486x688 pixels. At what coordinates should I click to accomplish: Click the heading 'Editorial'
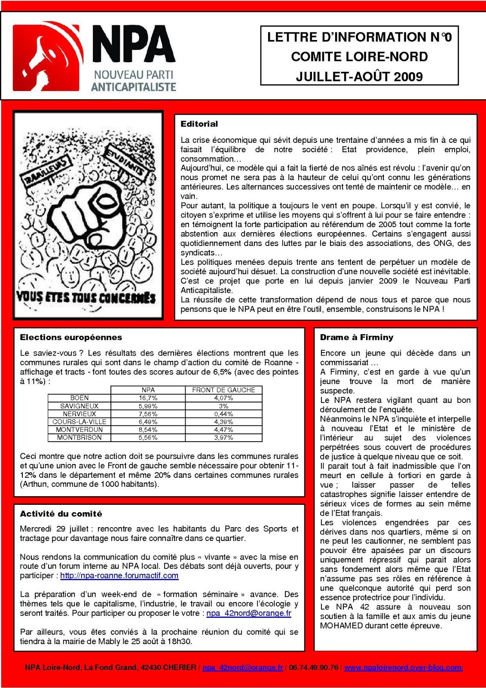click(199, 124)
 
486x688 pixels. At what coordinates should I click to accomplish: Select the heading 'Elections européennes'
click(71, 338)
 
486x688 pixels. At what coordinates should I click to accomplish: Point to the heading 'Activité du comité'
click(61, 514)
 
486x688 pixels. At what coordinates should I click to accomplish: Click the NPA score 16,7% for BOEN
click(148, 398)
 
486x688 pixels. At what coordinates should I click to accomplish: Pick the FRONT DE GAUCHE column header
click(223, 390)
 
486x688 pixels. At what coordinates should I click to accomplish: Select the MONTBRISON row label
click(79, 438)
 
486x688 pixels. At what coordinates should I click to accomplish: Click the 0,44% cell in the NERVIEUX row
click(223, 414)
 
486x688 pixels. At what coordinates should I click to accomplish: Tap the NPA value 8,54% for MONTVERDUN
click(148, 430)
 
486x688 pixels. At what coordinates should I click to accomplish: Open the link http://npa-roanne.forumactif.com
click(119, 576)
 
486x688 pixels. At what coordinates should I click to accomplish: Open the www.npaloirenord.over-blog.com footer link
click(403, 668)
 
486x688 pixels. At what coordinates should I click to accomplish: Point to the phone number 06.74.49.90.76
click(313, 668)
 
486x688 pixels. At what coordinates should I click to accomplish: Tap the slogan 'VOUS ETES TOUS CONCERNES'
click(86, 297)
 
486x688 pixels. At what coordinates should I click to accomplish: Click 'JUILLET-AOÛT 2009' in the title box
click(359, 77)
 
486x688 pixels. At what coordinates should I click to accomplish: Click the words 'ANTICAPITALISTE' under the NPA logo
click(134, 87)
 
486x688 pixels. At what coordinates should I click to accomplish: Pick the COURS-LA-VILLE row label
click(79, 422)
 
